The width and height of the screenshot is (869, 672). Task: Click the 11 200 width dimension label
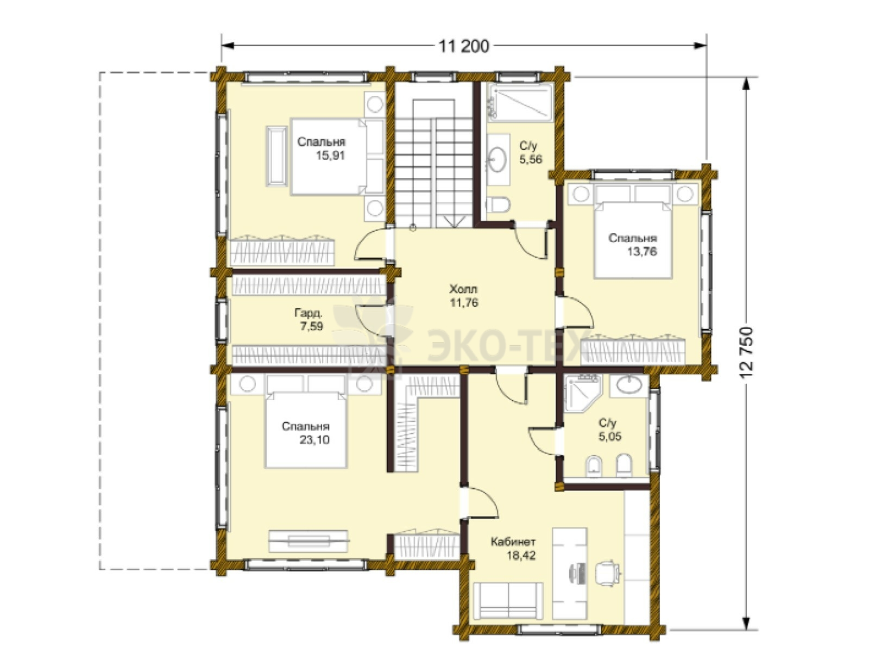[464, 46]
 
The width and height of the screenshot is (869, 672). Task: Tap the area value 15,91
[330, 155]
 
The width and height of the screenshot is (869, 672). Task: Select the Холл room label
[463, 289]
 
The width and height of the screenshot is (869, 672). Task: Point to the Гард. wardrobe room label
[308, 313]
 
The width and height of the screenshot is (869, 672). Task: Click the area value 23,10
[314, 440]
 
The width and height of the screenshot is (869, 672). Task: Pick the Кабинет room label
[513, 542]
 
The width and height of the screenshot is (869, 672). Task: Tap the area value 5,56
[531, 159]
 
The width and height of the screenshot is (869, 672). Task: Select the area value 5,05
[610, 436]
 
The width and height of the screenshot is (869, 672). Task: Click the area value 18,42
[520, 556]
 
